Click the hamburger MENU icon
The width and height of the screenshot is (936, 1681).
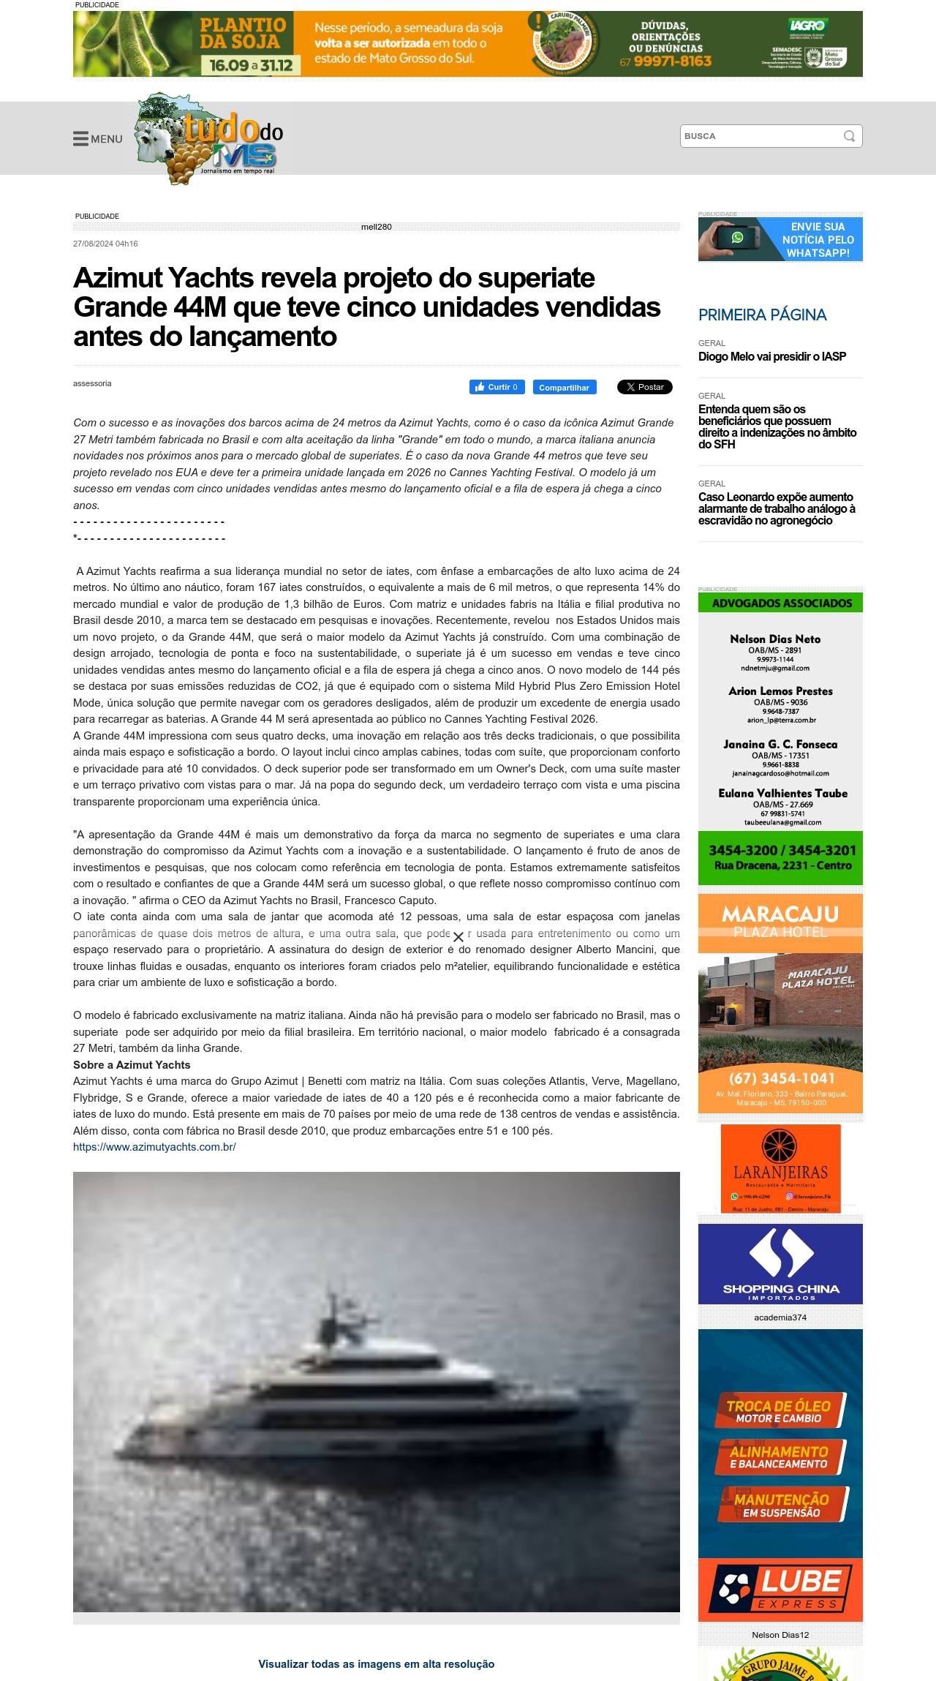click(80, 139)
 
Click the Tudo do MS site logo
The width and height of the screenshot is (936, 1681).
click(208, 139)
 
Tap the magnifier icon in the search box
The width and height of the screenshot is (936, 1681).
click(849, 136)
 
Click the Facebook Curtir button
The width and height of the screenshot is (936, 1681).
click(497, 387)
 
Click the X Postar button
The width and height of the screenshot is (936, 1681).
click(644, 387)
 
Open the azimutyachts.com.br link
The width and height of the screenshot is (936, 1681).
click(154, 1147)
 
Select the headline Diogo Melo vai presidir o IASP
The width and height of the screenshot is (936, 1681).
click(771, 357)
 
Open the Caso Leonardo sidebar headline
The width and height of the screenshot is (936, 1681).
click(776, 508)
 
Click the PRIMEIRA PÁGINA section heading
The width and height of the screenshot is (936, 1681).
click(762, 315)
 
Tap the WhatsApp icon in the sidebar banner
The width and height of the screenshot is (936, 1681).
click(737, 238)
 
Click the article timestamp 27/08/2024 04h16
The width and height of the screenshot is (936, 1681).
click(105, 244)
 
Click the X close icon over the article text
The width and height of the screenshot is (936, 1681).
click(458, 937)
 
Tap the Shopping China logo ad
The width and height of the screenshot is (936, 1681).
click(780, 1263)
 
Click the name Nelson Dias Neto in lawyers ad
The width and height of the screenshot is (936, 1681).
click(774, 639)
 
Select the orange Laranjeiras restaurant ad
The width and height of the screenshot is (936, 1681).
click(780, 1167)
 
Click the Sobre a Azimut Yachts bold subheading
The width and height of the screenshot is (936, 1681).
click(132, 1065)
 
